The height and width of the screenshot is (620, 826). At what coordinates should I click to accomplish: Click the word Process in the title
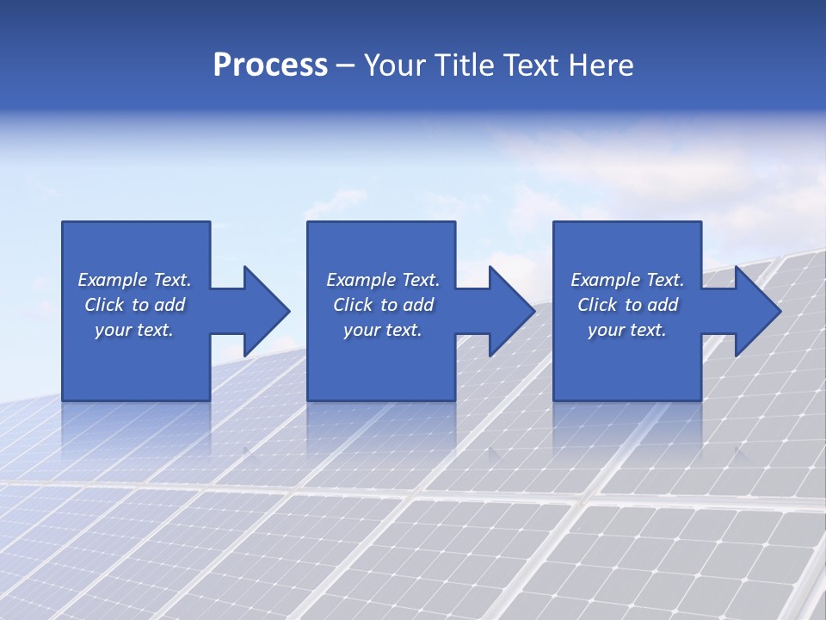coord(270,65)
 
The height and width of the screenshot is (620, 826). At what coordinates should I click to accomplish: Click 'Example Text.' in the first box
coord(134,280)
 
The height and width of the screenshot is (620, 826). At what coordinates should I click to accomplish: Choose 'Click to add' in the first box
coord(134,305)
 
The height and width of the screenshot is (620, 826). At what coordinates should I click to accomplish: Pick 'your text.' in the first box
coord(134,330)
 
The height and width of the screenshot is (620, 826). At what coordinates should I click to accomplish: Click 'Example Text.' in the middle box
coord(383,280)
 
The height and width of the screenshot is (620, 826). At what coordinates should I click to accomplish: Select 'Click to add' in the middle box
coord(383,305)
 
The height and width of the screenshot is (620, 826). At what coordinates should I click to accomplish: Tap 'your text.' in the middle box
coord(383,330)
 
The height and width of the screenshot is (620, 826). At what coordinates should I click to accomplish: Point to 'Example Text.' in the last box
coord(627,280)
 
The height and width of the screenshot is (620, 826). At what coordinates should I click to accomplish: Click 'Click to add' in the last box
coord(627,305)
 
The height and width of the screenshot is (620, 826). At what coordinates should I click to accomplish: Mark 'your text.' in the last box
coord(627,330)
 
